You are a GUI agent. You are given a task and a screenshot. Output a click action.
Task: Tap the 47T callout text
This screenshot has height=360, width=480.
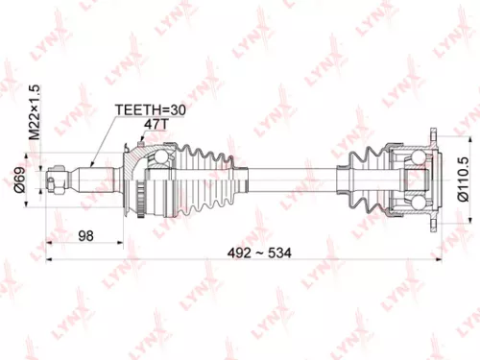(x=155, y=125)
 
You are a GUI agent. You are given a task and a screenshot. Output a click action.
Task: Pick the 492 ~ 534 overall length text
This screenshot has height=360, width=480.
(x=262, y=252)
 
